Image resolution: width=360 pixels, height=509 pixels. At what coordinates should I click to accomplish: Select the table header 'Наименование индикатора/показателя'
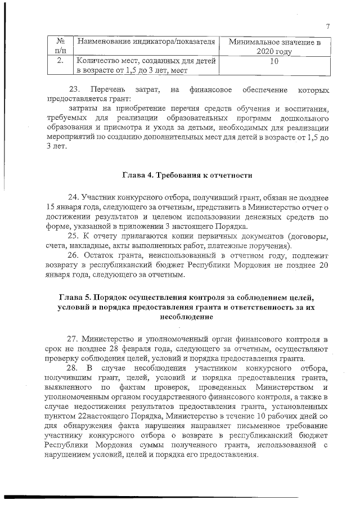pyautogui.click(x=146, y=42)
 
